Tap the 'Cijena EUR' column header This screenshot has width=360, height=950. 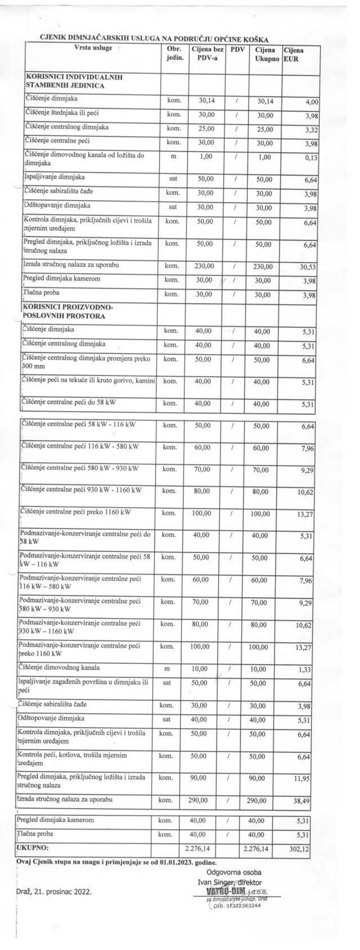coord(293,54)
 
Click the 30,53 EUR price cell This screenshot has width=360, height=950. coord(308,267)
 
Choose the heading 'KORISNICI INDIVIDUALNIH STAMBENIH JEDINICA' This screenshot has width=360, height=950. coord(74,81)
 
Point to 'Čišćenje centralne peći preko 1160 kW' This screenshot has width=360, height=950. coord(76,511)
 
